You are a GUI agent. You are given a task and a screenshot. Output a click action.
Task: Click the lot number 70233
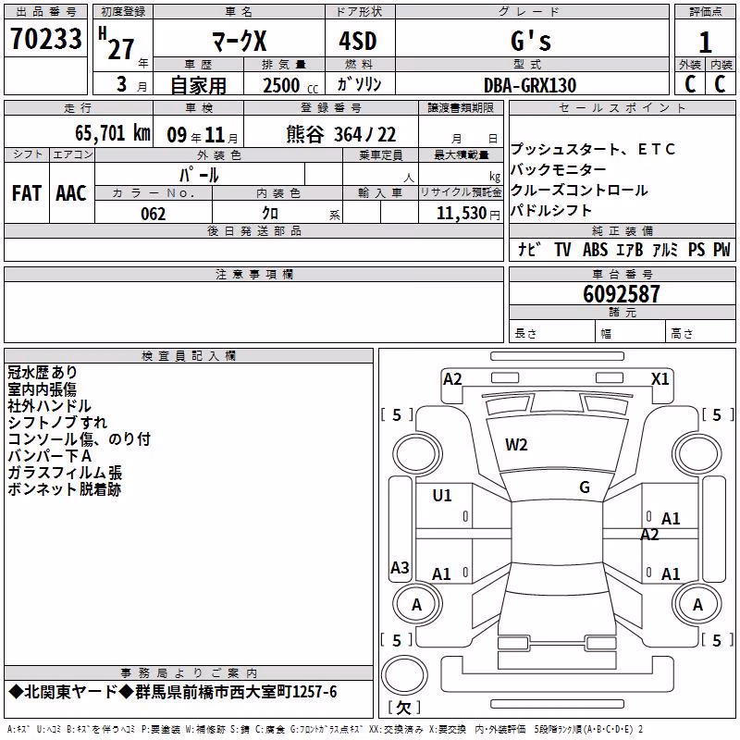pyautogui.click(x=45, y=38)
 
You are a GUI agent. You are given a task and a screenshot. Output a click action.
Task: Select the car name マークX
pyautogui.click(x=240, y=41)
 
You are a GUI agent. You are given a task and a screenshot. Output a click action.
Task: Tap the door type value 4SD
pyautogui.click(x=358, y=41)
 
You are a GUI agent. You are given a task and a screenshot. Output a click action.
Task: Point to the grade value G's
pyautogui.click(x=531, y=41)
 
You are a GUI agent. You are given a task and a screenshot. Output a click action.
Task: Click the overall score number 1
pyautogui.click(x=705, y=42)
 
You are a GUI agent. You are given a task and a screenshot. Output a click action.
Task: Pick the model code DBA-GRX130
pyautogui.click(x=530, y=85)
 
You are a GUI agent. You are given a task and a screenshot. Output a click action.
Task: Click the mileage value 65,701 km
pyautogui.click(x=113, y=132)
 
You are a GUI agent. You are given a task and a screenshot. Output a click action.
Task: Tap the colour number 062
pyautogui.click(x=154, y=214)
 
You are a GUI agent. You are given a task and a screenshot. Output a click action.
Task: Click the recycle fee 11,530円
pyautogui.click(x=468, y=214)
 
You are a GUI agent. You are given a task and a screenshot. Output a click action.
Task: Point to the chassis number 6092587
pyautogui.click(x=621, y=294)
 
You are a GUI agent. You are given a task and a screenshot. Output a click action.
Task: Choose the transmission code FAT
pyautogui.click(x=27, y=193)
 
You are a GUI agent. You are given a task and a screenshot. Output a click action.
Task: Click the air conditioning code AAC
pyautogui.click(x=71, y=193)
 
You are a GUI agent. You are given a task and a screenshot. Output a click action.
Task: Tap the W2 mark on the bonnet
pyautogui.click(x=516, y=445)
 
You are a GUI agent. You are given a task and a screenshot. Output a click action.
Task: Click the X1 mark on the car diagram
pyautogui.click(x=660, y=379)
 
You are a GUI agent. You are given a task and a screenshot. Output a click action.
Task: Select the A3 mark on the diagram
pyautogui.click(x=400, y=567)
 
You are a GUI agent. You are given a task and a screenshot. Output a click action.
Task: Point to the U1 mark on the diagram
pyautogui.click(x=442, y=496)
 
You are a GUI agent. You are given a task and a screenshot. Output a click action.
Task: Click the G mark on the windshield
pyautogui.click(x=585, y=487)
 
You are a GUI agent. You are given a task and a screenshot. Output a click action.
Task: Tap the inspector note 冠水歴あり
pyautogui.click(x=42, y=373)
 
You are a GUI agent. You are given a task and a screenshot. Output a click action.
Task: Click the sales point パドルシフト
pyautogui.click(x=550, y=210)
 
